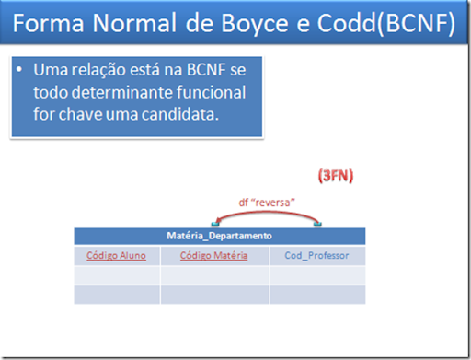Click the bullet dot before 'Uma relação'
[x=20, y=71]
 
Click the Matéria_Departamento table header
[x=219, y=236]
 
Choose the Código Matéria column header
[x=213, y=255]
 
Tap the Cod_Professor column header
[x=316, y=255]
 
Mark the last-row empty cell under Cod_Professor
[x=316, y=295]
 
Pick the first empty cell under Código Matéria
[x=213, y=274]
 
